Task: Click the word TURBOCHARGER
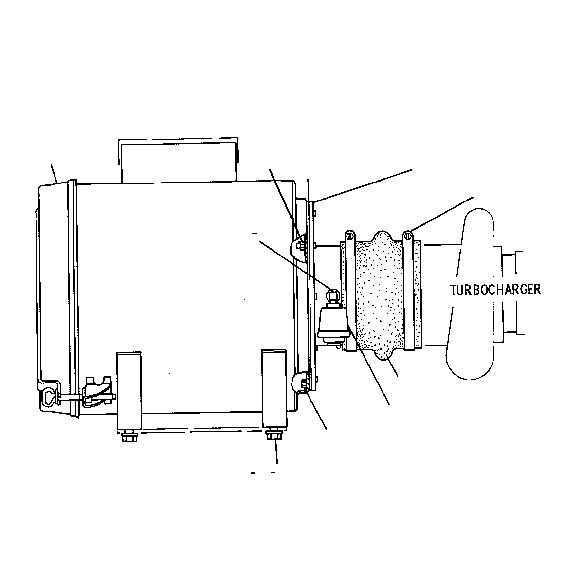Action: [x=495, y=290]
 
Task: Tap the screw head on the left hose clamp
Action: [x=350, y=235]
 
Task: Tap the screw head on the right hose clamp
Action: [x=408, y=235]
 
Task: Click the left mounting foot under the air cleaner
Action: [x=129, y=391]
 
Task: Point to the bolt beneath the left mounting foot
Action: [x=129, y=437]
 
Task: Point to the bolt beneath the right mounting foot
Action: [x=274, y=434]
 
